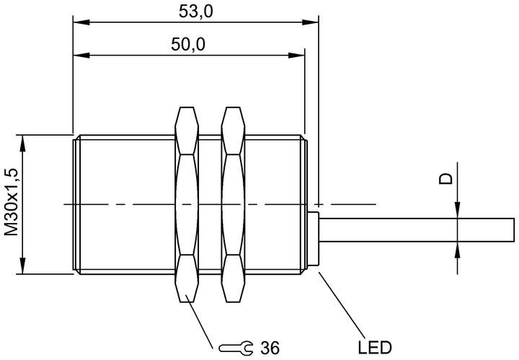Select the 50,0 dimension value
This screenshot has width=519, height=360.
(x=188, y=45)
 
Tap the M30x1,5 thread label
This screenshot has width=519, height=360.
(x=12, y=202)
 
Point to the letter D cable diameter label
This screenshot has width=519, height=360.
(x=446, y=178)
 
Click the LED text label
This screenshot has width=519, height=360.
(x=375, y=348)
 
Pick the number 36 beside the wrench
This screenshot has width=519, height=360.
(x=270, y=348)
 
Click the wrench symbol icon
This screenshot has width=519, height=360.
(x=236, y=348)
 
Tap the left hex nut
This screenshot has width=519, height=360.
(x=187, y=204)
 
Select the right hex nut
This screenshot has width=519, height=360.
(x=233, y=204)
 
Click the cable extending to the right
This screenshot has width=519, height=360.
(x=417, y=230)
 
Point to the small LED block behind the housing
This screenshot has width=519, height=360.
(x=313, y=239)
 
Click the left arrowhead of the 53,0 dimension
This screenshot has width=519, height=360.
(x=81, y=22)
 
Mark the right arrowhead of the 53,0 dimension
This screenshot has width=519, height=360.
(x=310, y=22)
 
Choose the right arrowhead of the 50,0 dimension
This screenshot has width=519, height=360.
(x=296, y=56)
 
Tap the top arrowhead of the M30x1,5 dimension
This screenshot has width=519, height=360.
(x=22, y=144)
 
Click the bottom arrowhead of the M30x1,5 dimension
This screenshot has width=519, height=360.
(x=22, y=265)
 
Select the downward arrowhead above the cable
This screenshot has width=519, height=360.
(x=457, y=210)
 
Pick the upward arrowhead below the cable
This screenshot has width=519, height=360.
(x=457, y=250)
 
